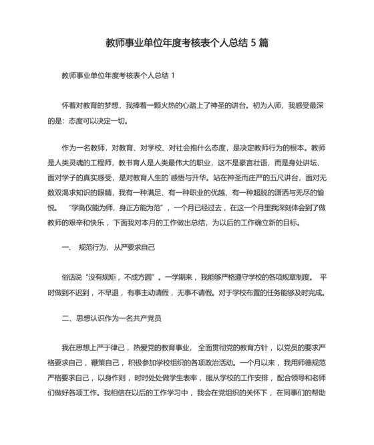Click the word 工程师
[104, 163]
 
